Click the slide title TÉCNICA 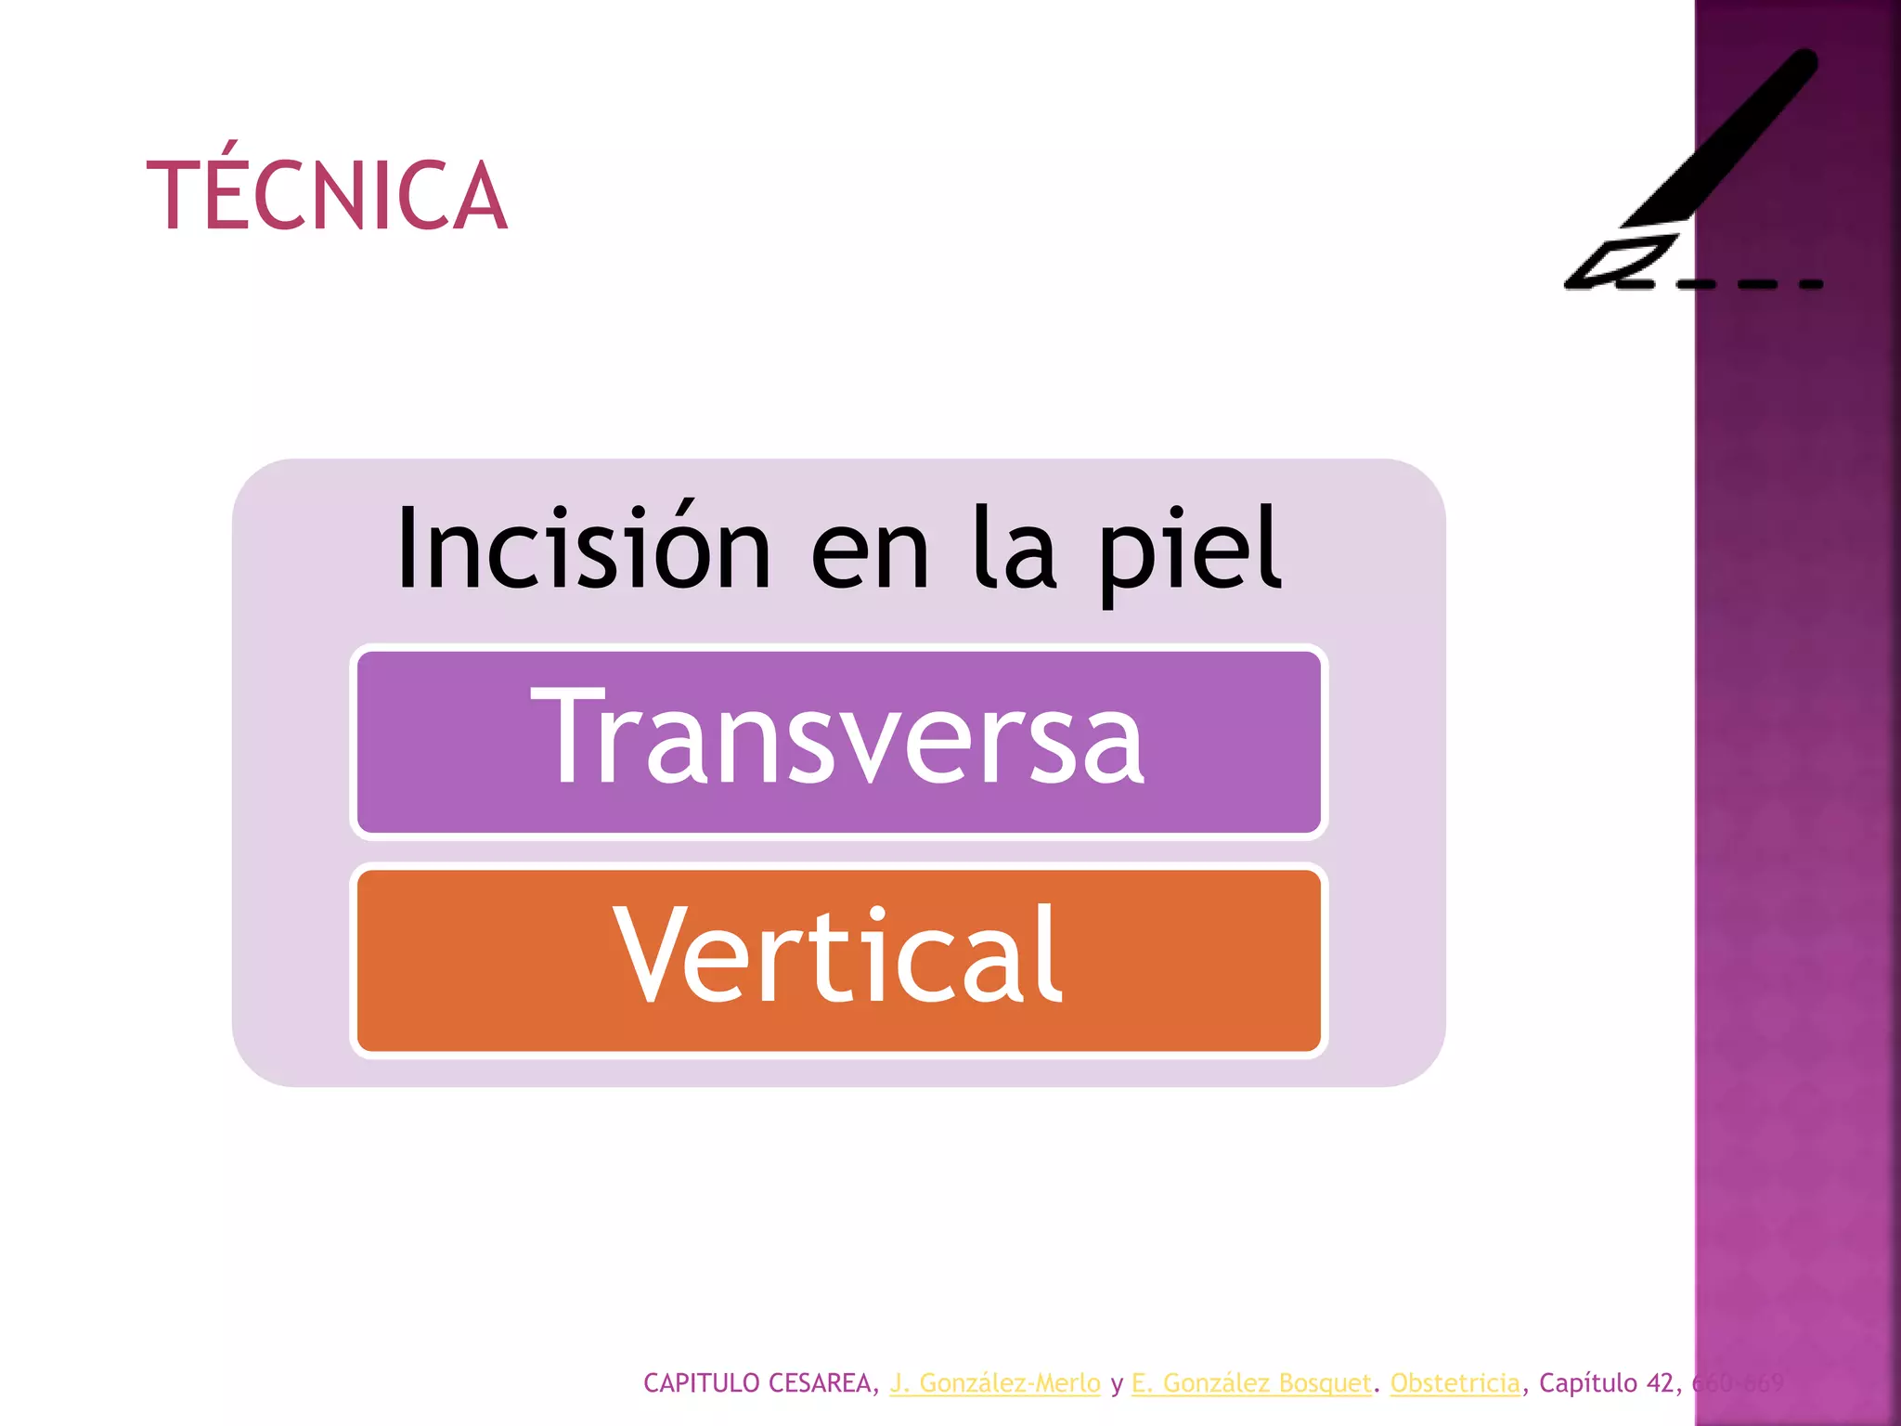tap(327, 195)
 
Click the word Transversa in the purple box tap(838, 737)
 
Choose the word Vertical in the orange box tap(838, 956)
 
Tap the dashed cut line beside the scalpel tap(1750, 283)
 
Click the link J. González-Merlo tap(994, 1382)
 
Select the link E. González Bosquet tap(1251, 1382)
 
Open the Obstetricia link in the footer tap(1455, 1382)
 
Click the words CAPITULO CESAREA tap(757, 1382)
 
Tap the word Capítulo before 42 tap(1587, 1382)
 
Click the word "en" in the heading tap(870, 553)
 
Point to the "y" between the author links tap(1117, 1384)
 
